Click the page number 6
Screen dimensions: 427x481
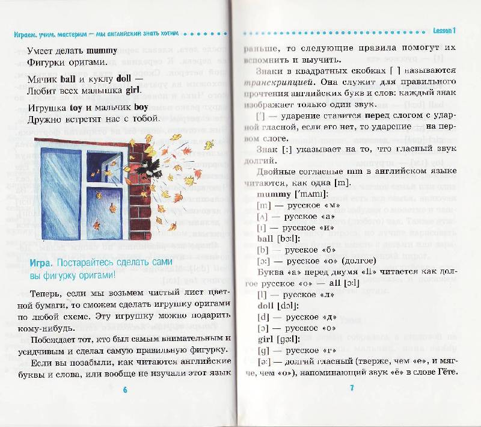tap(125, 389)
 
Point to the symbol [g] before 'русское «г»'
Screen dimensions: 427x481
tap(262, 351)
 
